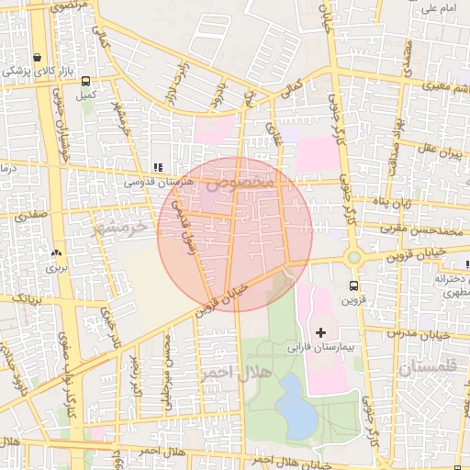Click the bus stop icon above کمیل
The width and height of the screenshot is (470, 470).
(x=86, y=81)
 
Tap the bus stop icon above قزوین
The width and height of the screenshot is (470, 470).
(x=353, y=285)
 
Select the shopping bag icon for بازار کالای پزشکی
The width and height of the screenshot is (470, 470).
(x=36, y=56)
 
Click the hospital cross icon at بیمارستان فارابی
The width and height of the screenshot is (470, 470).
(x=319, y=330)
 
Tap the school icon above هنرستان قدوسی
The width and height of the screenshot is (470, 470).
(x=158, y=168)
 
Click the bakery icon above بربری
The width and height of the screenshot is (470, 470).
(x=58, y=253)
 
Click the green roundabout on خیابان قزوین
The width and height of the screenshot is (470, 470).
(x=353, y=258)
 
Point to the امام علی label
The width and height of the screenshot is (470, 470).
(x=439, y=9)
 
